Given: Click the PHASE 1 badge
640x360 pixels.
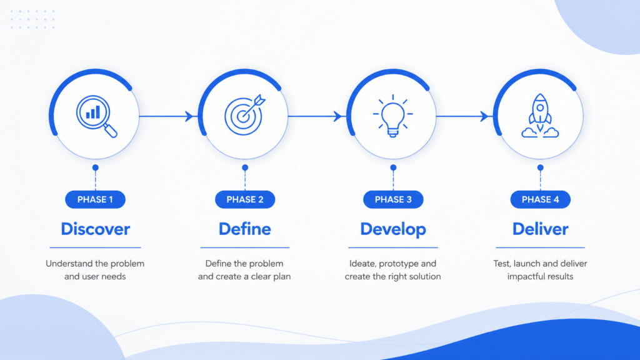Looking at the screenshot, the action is point(95,199).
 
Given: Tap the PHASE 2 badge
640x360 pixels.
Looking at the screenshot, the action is point(245,199).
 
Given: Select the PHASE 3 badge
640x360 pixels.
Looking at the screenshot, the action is point(393,199).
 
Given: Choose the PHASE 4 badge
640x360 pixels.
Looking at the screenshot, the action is point(541,199).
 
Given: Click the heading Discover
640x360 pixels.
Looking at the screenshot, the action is point(96,229).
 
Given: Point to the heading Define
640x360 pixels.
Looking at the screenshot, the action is point(245,229).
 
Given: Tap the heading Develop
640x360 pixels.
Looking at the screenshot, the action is point(393,229).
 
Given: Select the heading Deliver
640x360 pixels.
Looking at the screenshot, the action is point(541,229).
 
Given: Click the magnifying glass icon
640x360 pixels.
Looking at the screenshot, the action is point(96,116).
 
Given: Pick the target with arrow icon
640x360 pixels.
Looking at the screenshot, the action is point(245,116).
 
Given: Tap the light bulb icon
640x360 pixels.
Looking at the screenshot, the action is point(392,116).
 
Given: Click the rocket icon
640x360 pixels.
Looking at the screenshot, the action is point(540,116).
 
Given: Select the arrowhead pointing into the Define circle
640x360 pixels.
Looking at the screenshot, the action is point(189,116).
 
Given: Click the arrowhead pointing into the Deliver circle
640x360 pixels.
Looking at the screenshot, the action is point(484,116).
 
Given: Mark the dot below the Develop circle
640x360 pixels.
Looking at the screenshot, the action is point(393,167).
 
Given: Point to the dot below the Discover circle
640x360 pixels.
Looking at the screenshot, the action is point(96,167).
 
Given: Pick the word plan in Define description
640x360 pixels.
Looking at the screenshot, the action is point(282,277).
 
